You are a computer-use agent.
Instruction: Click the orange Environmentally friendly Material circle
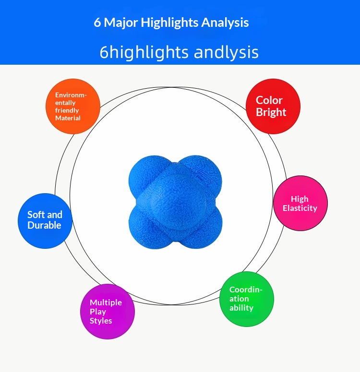click(x=73, y=106)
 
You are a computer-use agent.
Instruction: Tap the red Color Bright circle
click(x=273, y=106)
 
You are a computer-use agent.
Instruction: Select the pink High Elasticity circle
click(x=300, y=203)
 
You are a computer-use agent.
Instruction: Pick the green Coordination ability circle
click(x=247, y=299)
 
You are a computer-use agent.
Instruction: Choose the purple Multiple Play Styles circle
click(x=108, y=312)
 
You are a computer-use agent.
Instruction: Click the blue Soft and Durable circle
click(x=45, y=221)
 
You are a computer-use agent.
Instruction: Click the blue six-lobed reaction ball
click(x=175, y=202)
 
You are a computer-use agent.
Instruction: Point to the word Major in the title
click(x=121, y=23)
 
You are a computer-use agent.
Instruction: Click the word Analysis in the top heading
click(x=225, y=23)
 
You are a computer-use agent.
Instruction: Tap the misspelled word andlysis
click(x=226, y=52)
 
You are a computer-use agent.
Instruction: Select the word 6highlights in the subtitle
click(x=144, y=53)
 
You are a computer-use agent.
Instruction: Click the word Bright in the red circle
click(x=271, y=113)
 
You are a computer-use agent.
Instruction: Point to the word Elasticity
click(x=300, y=208)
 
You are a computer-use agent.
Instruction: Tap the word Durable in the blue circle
click(x=44, y=225)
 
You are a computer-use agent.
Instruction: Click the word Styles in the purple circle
click(x=101, y=321)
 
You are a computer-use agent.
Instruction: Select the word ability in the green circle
click(x=241, y=308)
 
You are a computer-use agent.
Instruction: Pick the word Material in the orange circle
click(x=68, y=118)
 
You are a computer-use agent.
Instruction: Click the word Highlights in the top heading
click(x=169, y=23)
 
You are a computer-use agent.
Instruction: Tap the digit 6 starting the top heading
click(x=97, y=23)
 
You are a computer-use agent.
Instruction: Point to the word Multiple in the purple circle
click(x=106, y=302)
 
